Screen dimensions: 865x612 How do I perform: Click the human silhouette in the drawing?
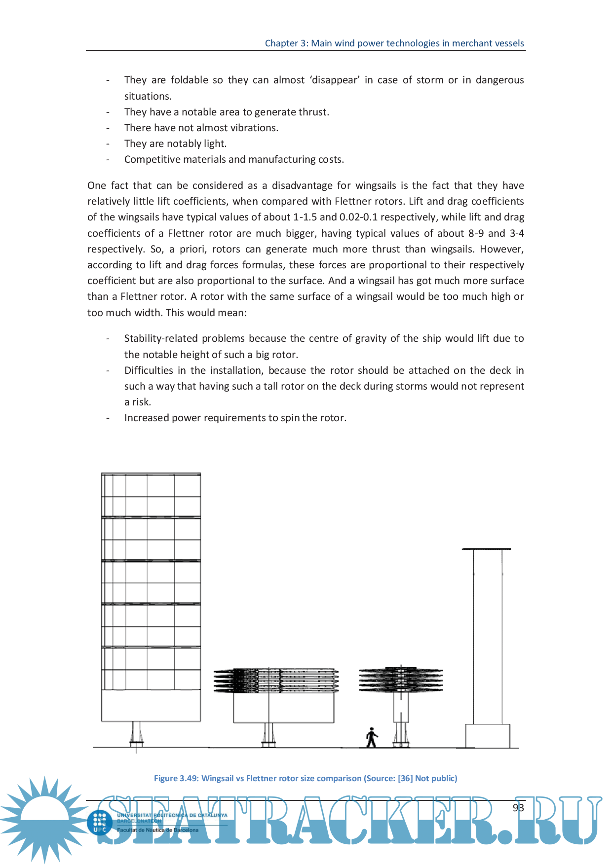coord(372,737)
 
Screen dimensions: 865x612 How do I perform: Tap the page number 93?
coord(518,807)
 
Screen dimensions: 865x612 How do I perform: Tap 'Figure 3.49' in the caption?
coord(176,778)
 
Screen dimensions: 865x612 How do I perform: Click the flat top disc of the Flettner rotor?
coord(487,549)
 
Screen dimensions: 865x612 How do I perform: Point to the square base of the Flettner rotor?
coord(488,736)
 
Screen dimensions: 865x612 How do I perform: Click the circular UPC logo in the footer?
coord(100,823)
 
